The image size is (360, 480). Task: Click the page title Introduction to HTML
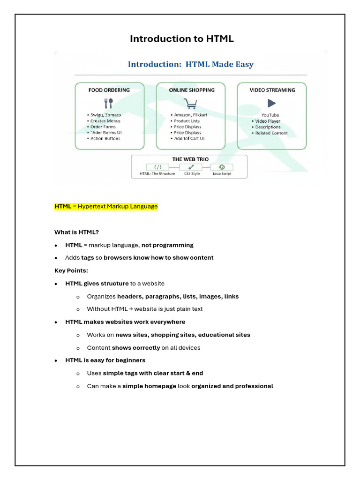tap(181, 39)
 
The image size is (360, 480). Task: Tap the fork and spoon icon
tap(109, 103)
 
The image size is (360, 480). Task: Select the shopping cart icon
tap(190, 103)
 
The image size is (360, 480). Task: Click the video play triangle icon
tap(271, 103)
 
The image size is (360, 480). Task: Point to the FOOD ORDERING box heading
tap(109, 90)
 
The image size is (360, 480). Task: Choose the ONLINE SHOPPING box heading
tap(192, 90)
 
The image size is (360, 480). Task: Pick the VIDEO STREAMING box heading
tap(272, 90)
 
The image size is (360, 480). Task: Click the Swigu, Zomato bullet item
tap(105, 115)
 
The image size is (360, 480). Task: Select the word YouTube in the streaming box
tap(270, 115)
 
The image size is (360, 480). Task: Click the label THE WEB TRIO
tap(190, 159)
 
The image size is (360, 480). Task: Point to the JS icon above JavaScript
tap(222, 167)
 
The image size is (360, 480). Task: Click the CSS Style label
tap(192, 174)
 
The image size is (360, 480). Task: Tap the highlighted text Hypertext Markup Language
tap(118, 207)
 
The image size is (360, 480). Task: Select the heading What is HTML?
tap(76, 232)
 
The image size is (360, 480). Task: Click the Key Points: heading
tap(71, 270)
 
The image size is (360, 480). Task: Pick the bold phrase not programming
tap(167, 245)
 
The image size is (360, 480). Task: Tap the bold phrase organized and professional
tap(232, 386)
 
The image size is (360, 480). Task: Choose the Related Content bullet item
tap(271, 133)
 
